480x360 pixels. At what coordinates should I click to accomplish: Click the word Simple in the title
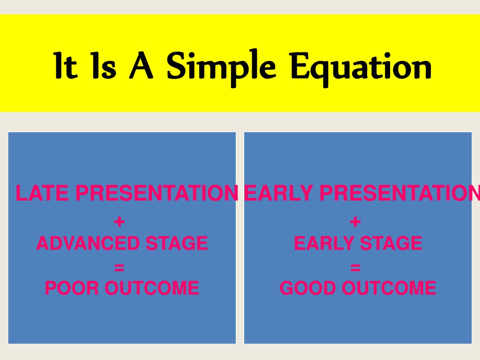coord(221,67)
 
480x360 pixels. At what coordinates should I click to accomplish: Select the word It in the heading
coord(65,65)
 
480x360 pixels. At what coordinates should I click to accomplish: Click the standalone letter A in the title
coord(141,65)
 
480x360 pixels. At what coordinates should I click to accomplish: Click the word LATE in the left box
coord(42,193)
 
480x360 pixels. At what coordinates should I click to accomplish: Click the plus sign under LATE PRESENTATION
coord(119,222)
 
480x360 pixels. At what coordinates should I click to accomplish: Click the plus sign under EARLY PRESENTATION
coord(355,222)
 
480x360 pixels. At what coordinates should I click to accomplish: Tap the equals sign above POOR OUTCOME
coord(119,268)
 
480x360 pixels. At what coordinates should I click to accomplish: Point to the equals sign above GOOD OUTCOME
coord(355,268)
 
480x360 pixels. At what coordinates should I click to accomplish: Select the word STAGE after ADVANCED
coord(177,243)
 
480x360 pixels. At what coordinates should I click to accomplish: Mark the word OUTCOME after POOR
coord(152,288)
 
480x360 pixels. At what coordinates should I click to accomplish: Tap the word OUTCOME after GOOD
coord(389,288)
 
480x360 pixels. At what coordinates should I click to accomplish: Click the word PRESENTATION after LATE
coord(157,193)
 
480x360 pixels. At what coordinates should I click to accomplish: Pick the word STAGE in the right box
coord(391,243)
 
